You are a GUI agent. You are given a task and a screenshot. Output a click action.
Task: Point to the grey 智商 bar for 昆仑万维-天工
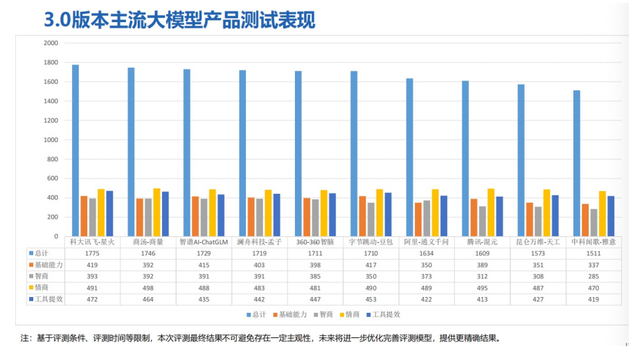click(538, 222)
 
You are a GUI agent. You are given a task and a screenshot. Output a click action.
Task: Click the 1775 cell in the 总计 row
click(93, 254)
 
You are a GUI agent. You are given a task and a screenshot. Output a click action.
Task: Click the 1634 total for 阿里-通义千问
click(427, 254)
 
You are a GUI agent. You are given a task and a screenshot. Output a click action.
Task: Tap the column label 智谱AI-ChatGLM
click(204, 242)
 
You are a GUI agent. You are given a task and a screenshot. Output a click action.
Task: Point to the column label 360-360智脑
click(315, 242)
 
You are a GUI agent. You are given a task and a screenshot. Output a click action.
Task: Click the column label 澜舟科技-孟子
click(260, 242)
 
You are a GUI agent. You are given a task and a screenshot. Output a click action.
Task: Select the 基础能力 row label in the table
click(48, 265)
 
